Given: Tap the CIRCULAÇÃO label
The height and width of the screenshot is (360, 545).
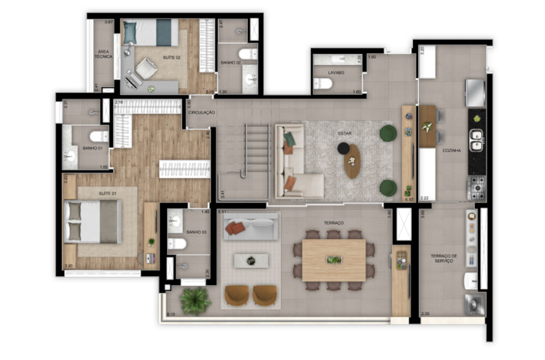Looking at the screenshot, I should pos(202,112).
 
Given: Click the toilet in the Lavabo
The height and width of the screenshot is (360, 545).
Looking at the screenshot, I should pos(324,83).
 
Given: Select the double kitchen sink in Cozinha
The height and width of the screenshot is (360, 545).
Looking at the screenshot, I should pos(477,140).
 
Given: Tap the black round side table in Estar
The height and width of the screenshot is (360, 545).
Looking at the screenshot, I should pos(343,148).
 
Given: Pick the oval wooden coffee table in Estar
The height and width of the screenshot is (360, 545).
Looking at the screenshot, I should pos(352,161).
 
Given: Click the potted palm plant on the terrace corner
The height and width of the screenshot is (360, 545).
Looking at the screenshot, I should pos(195,300).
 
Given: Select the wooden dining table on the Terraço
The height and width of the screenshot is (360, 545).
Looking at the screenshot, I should pos(334,260).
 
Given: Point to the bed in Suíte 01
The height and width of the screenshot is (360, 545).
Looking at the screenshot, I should pos(93,222).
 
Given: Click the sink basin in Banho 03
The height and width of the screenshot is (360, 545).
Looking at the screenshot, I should pos(175,222).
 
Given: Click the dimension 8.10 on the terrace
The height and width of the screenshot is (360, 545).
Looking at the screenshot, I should pos(171,314).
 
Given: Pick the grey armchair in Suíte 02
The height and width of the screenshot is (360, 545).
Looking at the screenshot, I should pos(146,69).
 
